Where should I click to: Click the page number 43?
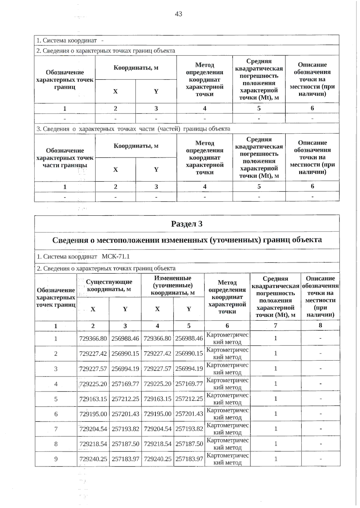point(178,14)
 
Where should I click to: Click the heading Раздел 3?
point(187,224)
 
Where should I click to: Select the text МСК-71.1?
point(116,257)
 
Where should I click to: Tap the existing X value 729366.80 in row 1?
point(93,339)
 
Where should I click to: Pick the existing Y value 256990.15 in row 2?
point(125,354)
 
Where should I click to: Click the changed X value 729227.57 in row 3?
point(157,369)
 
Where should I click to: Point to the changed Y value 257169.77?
point(189,384)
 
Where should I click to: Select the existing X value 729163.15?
point(93,399)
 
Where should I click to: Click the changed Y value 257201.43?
point(189,414)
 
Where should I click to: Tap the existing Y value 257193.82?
point(125,429)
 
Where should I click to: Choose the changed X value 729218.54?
point(157,444)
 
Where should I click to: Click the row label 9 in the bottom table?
point(56,459)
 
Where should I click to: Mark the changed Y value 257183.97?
point(189,459)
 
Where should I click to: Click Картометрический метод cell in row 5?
point(227,399)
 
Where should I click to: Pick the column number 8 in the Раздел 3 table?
point(320,325)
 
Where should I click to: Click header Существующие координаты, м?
point(109,285)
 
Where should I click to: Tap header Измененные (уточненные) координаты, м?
point(172,285)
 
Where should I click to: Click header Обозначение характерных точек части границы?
point(65,158)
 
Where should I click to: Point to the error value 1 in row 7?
point(275,429)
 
